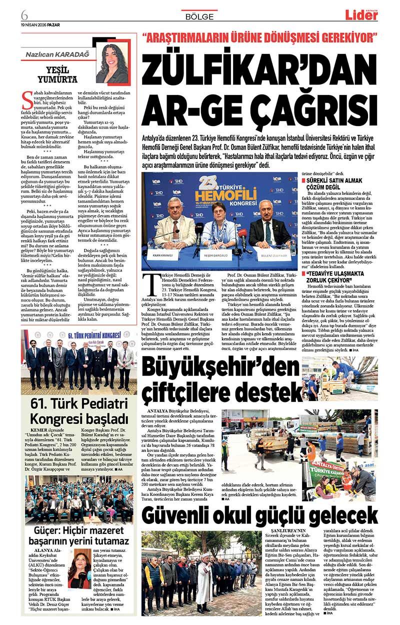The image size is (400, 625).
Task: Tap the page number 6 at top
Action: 24,12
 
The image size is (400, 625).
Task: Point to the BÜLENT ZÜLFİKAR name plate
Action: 272,255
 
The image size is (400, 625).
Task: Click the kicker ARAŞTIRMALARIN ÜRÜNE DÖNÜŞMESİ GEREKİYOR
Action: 259,37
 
